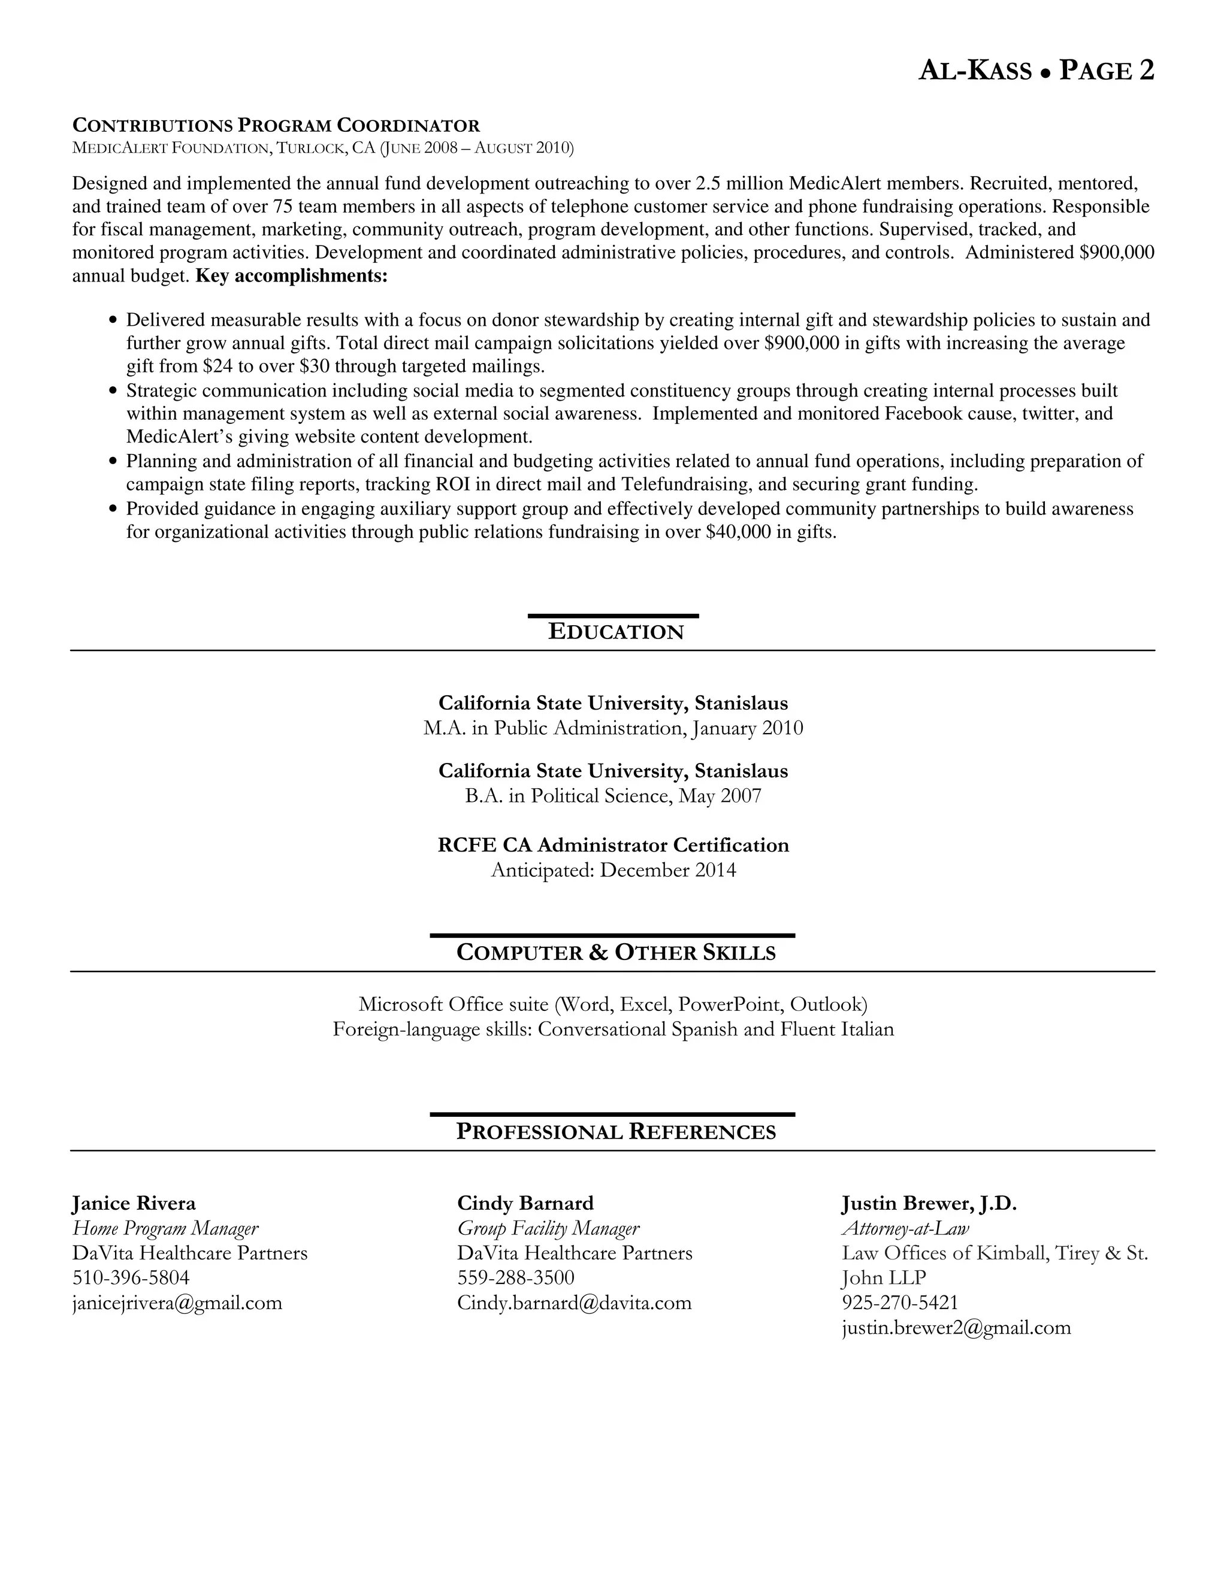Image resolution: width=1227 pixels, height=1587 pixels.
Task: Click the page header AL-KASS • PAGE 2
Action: coord(1036,71)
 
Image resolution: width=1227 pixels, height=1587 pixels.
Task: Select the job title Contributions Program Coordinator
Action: coord(276,125)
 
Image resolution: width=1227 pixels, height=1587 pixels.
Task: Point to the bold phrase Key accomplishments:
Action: coord(292,276)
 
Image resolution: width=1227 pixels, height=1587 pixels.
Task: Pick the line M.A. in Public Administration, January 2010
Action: coord(613,728)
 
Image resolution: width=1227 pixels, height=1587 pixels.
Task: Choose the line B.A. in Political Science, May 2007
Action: coord(613,796)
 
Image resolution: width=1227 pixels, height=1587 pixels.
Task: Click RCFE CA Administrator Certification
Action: coord(613,845)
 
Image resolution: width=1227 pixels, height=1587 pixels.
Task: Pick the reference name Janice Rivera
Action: coord(134,1203)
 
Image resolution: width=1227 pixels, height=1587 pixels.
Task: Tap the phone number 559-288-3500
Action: coord(515,1277)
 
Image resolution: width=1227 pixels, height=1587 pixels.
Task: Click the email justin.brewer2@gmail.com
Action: coord(956,1328)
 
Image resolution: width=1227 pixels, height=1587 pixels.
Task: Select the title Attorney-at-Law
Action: coord(905,1228)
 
